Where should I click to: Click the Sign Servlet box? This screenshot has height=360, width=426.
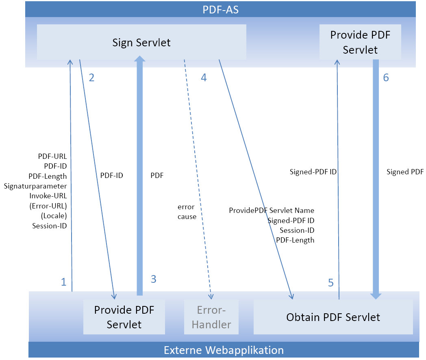point(141,42)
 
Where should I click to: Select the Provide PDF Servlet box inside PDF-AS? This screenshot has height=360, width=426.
point(360,42)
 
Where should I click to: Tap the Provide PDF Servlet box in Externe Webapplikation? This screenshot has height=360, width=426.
point(124,317)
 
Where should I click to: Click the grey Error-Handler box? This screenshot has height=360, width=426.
point(211,317)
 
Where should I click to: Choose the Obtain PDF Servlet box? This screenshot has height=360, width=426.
point(333,317)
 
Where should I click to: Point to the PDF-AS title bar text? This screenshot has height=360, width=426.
point(220,9)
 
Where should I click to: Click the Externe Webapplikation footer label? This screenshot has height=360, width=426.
point(224,350)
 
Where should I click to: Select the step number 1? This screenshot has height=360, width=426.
point(63,282)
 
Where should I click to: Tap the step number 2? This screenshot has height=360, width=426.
point(91,78)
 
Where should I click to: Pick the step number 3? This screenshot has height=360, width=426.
point(153,279)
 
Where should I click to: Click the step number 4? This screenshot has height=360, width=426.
point(204,78)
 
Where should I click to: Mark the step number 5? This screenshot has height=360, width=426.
point(330,283)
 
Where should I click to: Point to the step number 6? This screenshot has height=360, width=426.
point(386,78)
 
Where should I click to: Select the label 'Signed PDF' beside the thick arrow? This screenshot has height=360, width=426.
point(405,172)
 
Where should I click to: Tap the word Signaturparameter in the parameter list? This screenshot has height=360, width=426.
point(35,186)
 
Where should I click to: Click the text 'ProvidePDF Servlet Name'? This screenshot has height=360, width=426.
point(272,210)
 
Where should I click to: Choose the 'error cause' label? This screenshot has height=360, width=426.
point(187,212)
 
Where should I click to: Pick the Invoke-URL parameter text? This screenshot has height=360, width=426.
point(48,196)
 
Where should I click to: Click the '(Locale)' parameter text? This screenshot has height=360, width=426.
point(54,215)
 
